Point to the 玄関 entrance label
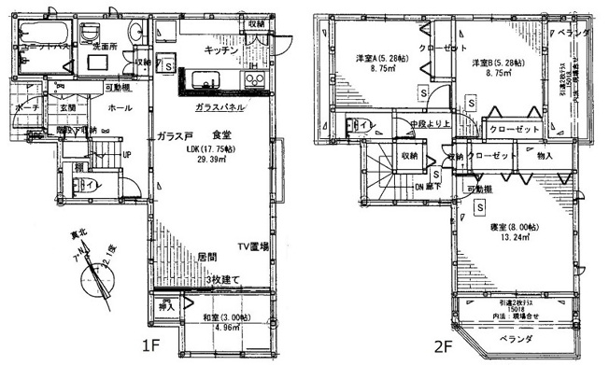[69, 108]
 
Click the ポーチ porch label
[26, 108]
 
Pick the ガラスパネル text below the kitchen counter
[221, 108]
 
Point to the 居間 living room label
[207, 254]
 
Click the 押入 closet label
[167, 305]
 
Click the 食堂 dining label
[222, 134]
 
